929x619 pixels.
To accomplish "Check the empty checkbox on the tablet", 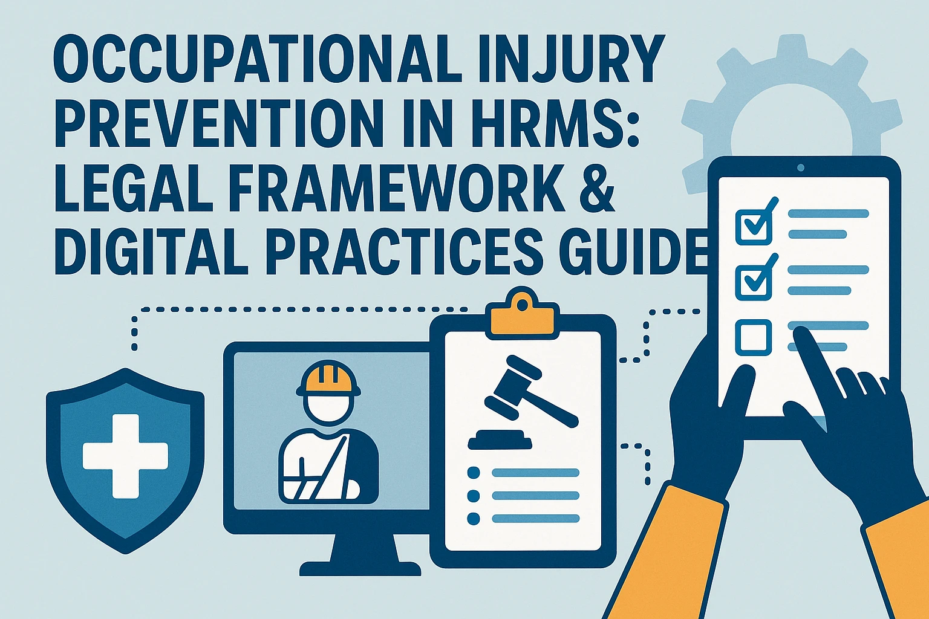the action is (754, 337).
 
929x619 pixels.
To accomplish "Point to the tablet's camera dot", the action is (801, 168).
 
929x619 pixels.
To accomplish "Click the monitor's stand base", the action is (360, 569).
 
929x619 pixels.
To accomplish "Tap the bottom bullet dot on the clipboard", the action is (473, 518).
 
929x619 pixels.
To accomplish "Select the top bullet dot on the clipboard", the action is (473, 472).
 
